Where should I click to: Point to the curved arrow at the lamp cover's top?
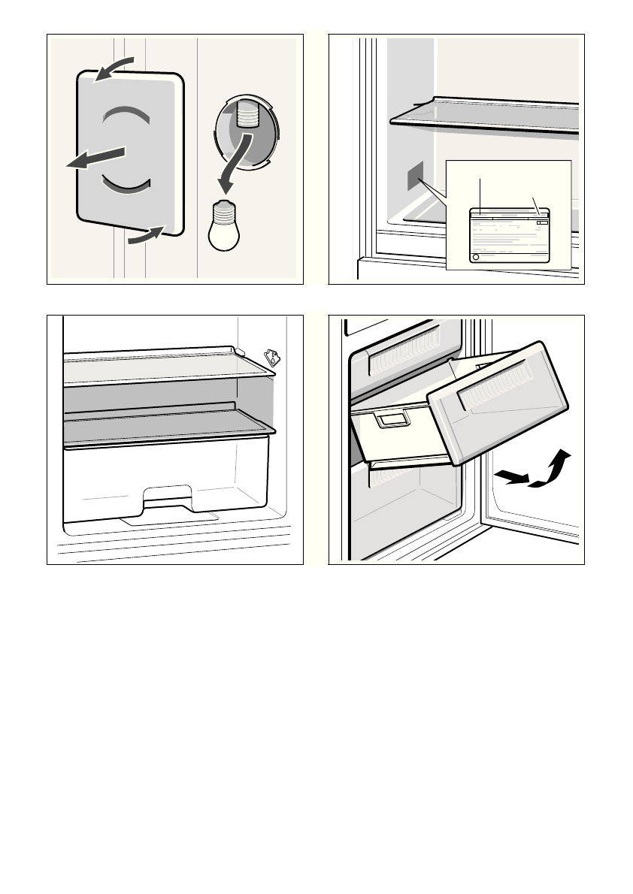pos(114,67)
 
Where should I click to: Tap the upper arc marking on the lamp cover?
pos(128,114)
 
